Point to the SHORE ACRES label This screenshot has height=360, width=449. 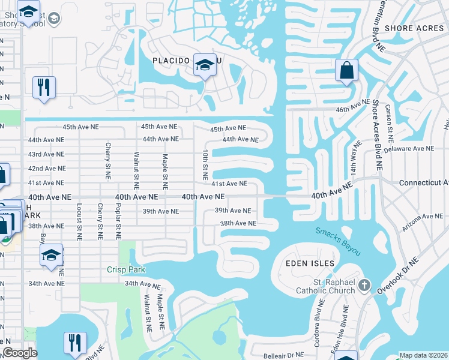point(415,28)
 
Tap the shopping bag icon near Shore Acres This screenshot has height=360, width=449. point(347,71)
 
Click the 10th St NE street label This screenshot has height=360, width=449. point(205,166)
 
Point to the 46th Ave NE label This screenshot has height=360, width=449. point(352,106)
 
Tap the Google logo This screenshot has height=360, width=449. point(20,353)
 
